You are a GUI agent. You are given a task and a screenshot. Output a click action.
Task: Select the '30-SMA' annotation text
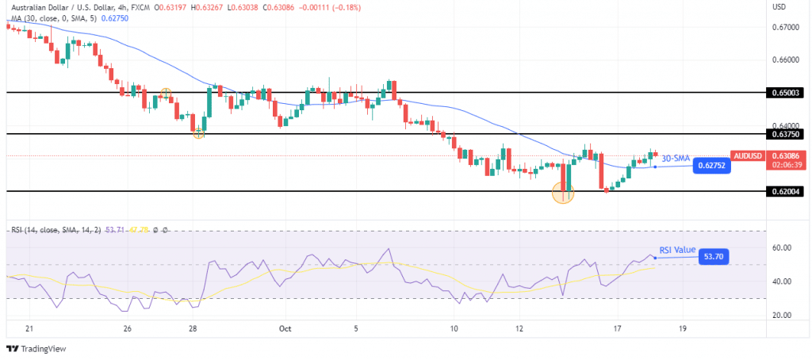tap(675, 158)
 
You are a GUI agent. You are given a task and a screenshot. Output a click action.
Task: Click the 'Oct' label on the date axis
tap(284, 327)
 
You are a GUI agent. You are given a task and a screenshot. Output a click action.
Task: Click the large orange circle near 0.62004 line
tap(563, 193)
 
